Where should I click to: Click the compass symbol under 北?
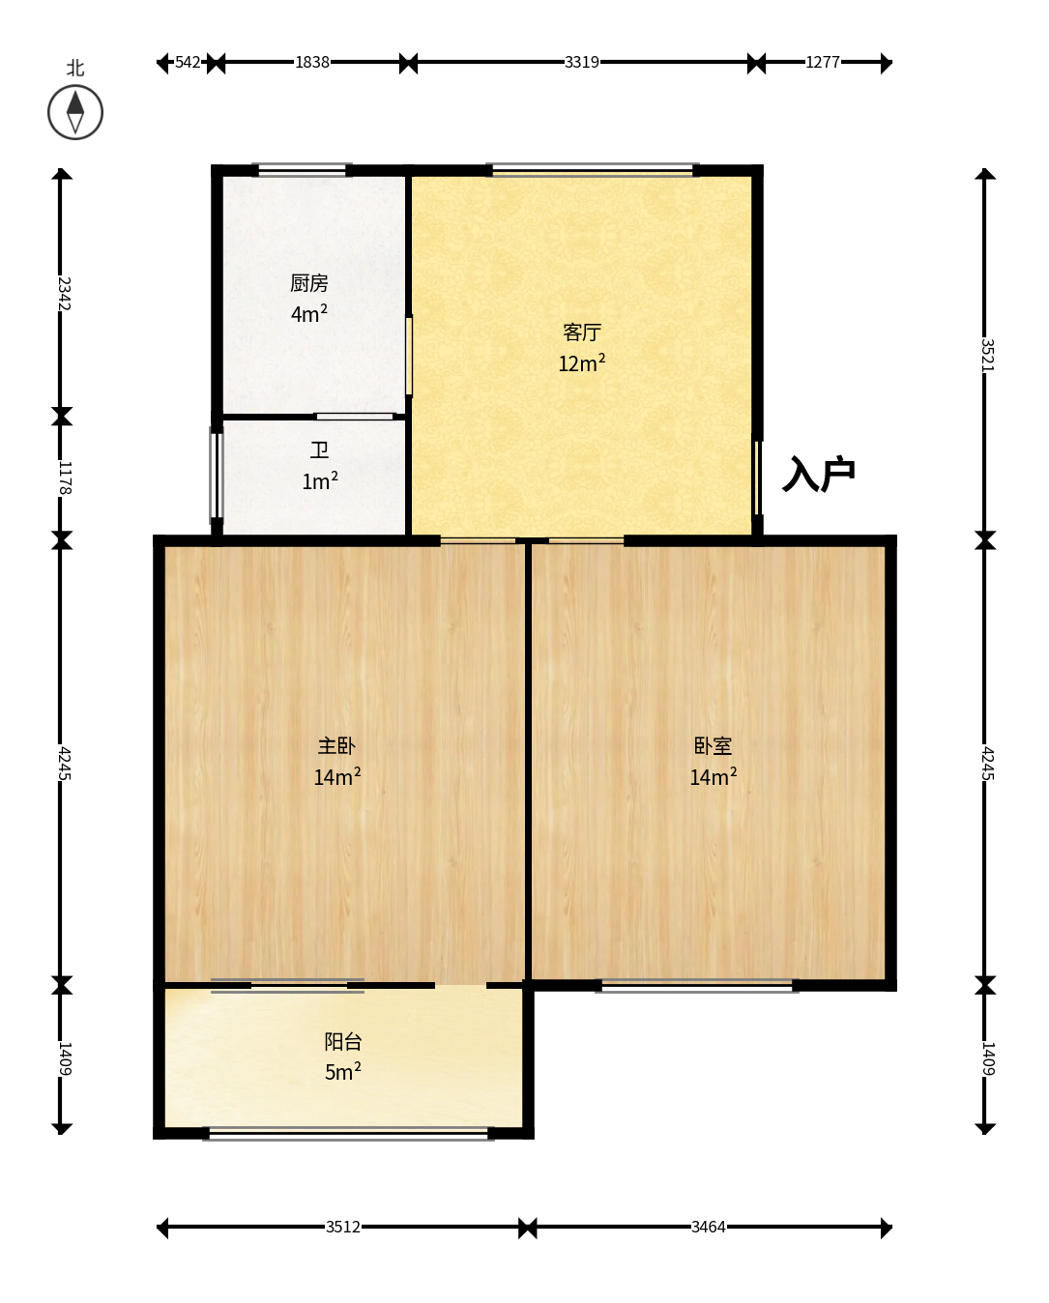(x=75, y=113)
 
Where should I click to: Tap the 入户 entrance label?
(x=818, y=474)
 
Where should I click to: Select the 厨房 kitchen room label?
(x=308, y=283)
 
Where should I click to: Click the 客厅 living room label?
(x=581, y=332)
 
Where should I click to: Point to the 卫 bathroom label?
(x=319, y=449)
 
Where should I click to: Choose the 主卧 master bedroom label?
(x=336, y=745)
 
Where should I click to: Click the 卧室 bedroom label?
(x=713, y=745)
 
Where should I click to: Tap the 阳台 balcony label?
(x=343, y=1041)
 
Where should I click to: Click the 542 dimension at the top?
(x=188, y=63)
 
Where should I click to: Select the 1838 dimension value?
(x=312, y=63)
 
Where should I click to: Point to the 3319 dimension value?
(x=581, y=63)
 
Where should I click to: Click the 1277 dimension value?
(x=823, y=63)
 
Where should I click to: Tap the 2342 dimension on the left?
(x=64, y=294)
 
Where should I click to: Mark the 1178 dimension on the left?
(x=64, y=478)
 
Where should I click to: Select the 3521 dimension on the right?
(x=987, y=356)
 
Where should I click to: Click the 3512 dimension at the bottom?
(x=343, y=1227)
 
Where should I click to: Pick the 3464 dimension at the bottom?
(x=708, y=1227)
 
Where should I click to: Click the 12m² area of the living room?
(x=581, y=362)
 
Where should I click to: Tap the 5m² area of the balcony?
(x=343, y=1072)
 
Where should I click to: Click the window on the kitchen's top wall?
(x=303, y=170)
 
